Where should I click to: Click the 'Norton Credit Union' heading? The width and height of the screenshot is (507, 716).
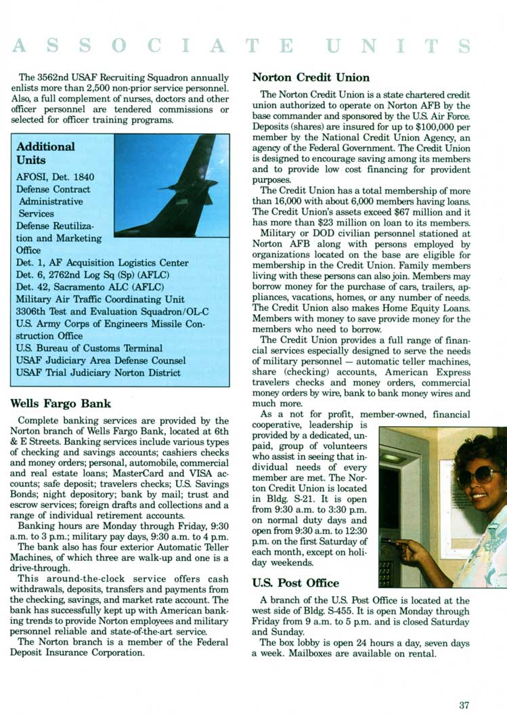pyautogui.click(x=311, y=77)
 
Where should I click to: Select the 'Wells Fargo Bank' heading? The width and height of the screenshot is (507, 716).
pyautogui.click(x=62, y=404)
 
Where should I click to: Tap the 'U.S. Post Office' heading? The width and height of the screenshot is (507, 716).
pyautogui.click(x=295, y=583)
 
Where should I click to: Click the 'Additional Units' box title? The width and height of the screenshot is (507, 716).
pyautogui.click(x=45, y=153)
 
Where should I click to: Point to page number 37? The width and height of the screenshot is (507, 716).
pyautogui.click(x=464, y=705)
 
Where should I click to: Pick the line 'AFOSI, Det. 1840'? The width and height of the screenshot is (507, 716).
pyautogui.click(x=56, y=177)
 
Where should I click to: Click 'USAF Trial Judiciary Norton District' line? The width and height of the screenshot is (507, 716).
pyautogui.click(x=98, y=373)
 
